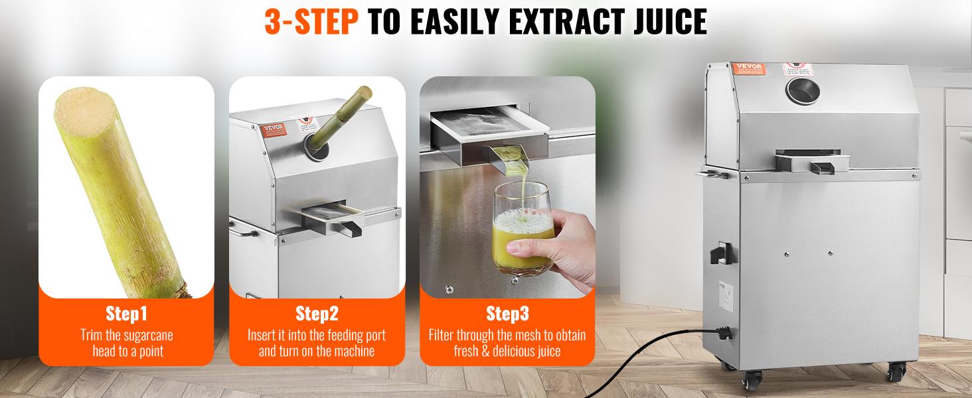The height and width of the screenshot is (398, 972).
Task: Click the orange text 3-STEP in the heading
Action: [x=311, y=22]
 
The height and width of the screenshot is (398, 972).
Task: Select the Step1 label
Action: [x=126, y=313]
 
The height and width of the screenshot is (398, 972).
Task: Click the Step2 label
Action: [x=317, y=313]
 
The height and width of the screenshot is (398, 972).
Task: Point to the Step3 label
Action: [x=507, y=313]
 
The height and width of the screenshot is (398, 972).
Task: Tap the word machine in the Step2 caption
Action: [x=353, y=351]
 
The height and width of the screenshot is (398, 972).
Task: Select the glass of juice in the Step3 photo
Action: [x=523, y=229]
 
